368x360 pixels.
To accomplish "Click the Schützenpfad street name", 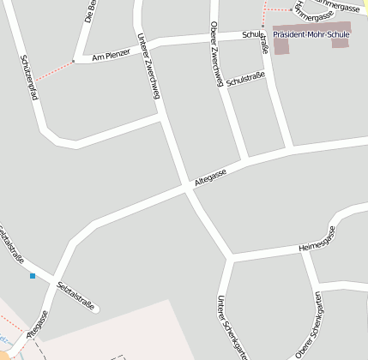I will pos(29,78).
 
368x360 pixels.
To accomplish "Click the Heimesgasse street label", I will pos(317,239).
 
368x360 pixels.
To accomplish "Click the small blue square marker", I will pos(33,276).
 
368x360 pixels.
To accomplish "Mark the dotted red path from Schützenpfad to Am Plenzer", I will pos(53,72).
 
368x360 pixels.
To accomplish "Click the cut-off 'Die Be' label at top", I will pos(88,10).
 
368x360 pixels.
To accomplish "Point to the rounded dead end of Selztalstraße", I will pos(95,308).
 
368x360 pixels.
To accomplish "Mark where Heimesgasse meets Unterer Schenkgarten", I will pos(230,256).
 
